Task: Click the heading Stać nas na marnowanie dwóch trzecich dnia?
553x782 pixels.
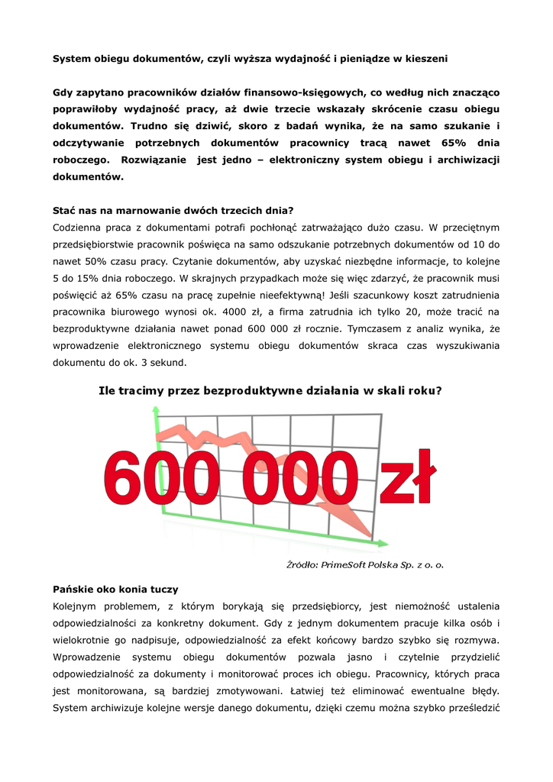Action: (173, 210)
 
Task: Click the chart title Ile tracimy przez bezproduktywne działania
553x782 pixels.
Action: (270, 390)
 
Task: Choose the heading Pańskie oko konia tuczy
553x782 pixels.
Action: (115, 590)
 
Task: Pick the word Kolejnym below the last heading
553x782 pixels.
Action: (79, 607)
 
